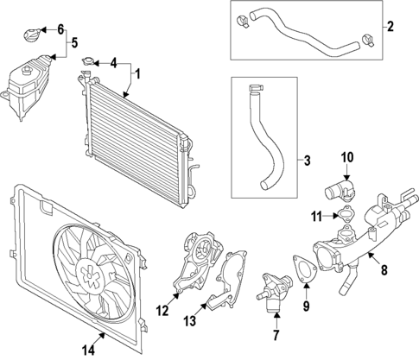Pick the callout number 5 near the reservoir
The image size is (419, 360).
coord(73,41)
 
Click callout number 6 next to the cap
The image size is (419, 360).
coord(60,29)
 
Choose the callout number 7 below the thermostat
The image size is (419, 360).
coord(276,334)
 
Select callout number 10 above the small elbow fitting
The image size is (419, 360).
coord(347,157)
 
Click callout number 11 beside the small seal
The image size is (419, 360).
coord(318,215)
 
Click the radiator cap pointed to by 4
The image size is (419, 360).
coord(89,61)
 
